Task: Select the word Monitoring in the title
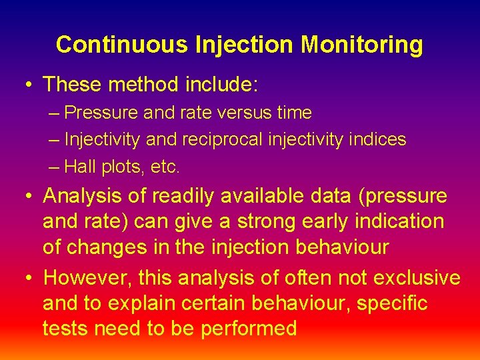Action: pos(361,45)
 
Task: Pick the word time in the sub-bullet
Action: pos(294,113)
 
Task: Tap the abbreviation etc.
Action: pos(165,167)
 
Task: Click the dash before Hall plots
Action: pos(54,167)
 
